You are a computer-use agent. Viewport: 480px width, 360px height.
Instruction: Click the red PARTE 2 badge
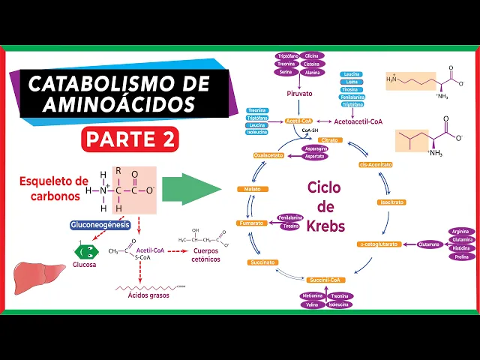[x=130, y=139]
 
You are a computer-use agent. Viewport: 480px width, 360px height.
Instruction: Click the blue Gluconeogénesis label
[x=100, y=225]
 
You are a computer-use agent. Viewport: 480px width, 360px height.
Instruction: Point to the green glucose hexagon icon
[x=85, y=252]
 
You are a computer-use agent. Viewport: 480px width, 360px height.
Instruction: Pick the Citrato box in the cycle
[x=330, y=140]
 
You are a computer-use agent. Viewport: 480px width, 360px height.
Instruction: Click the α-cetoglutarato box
[x=379, y=244]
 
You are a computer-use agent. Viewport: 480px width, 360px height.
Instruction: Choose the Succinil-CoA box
[x=325, y=280]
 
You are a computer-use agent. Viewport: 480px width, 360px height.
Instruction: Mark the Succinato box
[x=263, y=262]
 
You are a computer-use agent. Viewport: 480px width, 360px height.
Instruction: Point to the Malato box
[x=252, y=189]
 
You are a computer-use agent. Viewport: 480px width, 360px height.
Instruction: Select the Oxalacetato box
[x=268, y=155]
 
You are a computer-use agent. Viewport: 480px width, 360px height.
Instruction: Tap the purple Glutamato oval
[x=430, y=244]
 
